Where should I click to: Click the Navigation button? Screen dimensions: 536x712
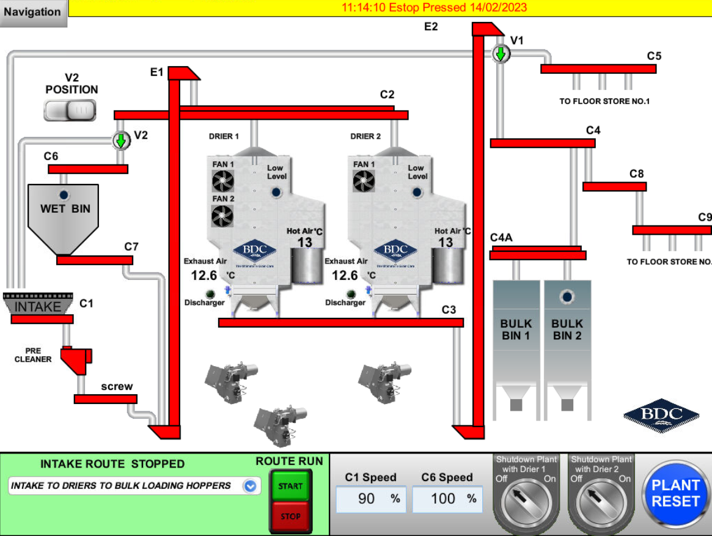(x=33, y=12)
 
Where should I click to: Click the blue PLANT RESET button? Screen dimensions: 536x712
(x=675, y=493)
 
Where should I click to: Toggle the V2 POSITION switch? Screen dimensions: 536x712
(x=70, y=110)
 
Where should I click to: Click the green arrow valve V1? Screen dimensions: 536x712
(x=501, y=54)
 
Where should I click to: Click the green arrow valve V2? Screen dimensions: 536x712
(x=121, y=141)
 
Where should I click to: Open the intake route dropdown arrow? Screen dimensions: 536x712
(x=249, y=486)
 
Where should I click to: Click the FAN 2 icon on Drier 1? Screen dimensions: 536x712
(x=223, y=215)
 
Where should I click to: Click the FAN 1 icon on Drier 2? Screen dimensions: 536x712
(x=364, y=181)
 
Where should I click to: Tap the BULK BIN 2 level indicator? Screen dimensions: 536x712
(x=568, y=297)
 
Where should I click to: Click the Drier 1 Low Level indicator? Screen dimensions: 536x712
(x=276, y=193)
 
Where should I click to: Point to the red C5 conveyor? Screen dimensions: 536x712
(x=598, y=69)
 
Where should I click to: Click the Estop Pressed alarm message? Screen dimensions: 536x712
(x=434, y=8)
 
